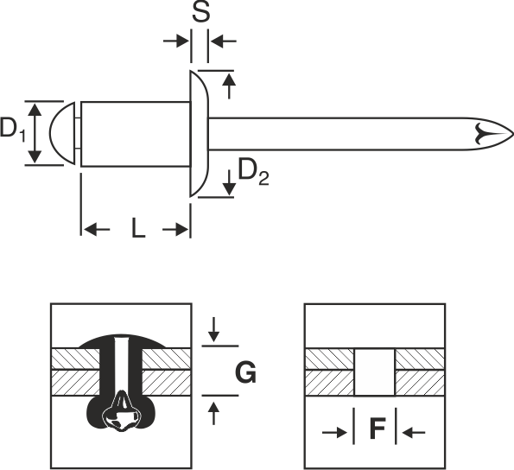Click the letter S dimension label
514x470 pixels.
pyautogui.click(x=200, y=13)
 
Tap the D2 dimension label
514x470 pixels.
pyautogui.click(x=253, y=171)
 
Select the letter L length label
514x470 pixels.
pyautogui.click(x=138, y=228)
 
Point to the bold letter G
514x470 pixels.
pyautogui.click(x=246, y=372)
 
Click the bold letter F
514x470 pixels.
pyautogui.click(x=377, y=429)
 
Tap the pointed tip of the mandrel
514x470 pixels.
pyautogui.click(x=512, y=134)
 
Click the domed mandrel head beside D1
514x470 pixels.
pyautogui.click(x=62, y=133)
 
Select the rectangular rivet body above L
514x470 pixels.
pyautogui.click(x=136, y=134)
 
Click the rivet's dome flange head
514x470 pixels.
pyautogui.click(x=199, y=134)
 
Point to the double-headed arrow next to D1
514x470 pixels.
pyautogui.click(x=35, y=133)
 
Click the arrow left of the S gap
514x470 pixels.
pyautogui.click(x=176, y=41)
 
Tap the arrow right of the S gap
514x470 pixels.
pyautogui.click(x=223, y=41)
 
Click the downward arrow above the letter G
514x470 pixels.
pyautogui.click(x=213, y=329)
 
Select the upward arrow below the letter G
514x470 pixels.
pyautogui.click(x=213, y=414)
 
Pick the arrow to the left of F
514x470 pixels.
pyautogui.click(x=334, y=433)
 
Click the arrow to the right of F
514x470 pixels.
pyautogui.click(x=414, y=433)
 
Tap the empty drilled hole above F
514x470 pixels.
pyautogui.click(x=375, y=372)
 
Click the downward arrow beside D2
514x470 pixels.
pyautogui.click(x=229, y=182)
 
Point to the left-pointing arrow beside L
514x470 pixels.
pyautogui.click(x=97, y=230)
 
